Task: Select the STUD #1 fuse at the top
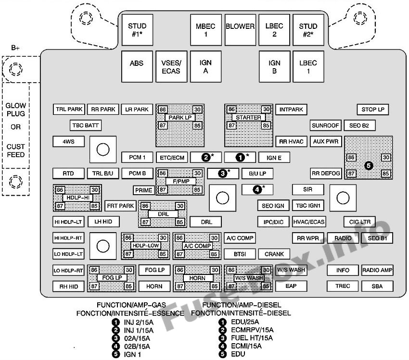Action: click(x=137, y=30)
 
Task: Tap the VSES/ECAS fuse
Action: click(x=171, y=67)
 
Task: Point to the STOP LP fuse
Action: click(x=372, y=110)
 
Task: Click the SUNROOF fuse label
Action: click(x=326, y=125)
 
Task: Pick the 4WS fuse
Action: click(x=68, y=142)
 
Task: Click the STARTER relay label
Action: click(x=249, y=117)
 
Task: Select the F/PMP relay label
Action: click(x=180, y=181)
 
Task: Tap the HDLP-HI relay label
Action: click(x=77, y=198)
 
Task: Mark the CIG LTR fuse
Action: click(x=359, y=222)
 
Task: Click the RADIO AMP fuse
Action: click(x=377, y=270)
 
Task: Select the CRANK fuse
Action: click(x=274, y=254)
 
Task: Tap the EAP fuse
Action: click(x=291, y=286)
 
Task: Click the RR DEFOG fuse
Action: click(x=326, y=174)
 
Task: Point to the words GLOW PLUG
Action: click(x=15, y=110)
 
